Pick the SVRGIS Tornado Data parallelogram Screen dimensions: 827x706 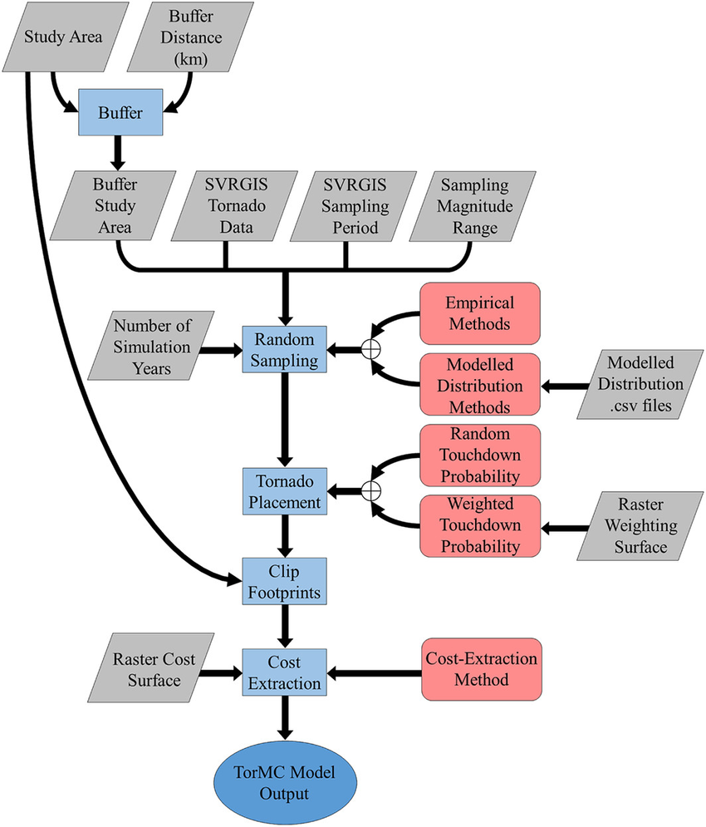(227, 204)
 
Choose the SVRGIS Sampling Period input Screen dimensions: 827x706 (346, 204)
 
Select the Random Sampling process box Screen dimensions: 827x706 (285, 350)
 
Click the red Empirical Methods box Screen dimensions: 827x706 (479, 313)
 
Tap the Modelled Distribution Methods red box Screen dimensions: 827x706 (479, 386)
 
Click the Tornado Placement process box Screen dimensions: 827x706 (285, 490)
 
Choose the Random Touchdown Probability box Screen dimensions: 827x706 (479, 455)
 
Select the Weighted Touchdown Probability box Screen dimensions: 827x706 (479, 526)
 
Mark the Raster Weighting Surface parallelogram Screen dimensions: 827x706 (635, 526)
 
